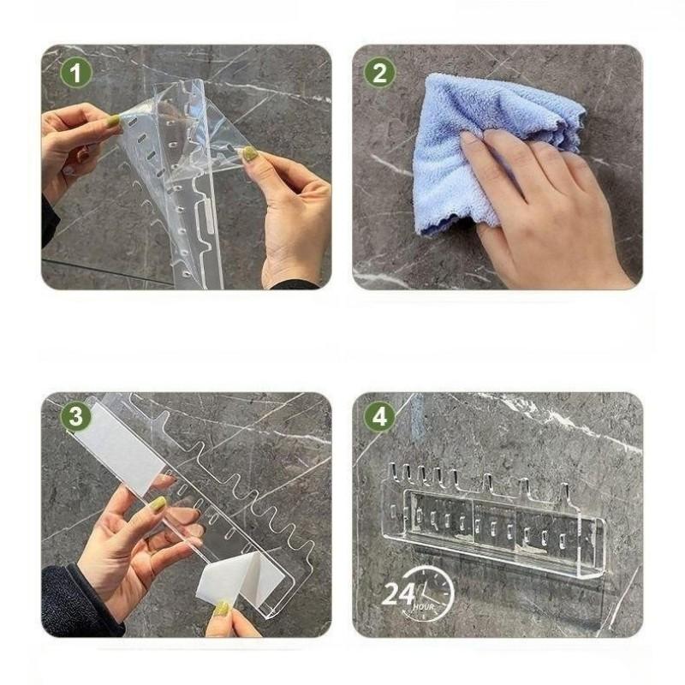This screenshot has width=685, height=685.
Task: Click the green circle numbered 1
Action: click(x=76, y=73)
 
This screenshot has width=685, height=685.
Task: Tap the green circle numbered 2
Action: click(x=379, y=73)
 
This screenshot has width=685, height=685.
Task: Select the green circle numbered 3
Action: click(x=76, y=416)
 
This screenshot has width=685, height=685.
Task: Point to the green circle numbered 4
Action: click(x=379, y=416)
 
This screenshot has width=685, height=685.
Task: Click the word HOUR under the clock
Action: click(x=423, y=607)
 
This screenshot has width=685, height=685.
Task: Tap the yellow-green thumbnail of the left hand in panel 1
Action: click(x=113, y=120)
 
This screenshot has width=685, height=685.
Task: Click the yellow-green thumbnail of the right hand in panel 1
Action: click(x=250, y=152)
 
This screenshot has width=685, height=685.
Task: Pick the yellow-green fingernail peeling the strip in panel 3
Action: click(x=222, y=609)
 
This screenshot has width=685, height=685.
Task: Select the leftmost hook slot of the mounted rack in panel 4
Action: click(x=394, y=473)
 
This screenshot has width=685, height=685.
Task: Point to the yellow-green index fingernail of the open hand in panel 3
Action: click(x=158, y=503)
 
